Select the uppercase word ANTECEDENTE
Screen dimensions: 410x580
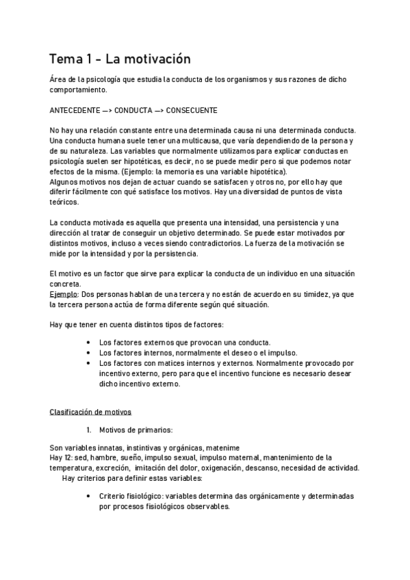pos(75,109)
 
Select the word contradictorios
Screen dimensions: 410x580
pos(211,243)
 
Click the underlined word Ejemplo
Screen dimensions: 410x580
pos(64,294)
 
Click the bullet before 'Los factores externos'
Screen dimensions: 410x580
pos(90,342)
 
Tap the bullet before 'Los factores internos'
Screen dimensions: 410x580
pos(90,352)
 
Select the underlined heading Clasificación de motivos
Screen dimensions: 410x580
pos(90,412)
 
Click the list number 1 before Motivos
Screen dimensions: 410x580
pos(88,430)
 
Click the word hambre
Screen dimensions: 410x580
pos(111,458)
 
